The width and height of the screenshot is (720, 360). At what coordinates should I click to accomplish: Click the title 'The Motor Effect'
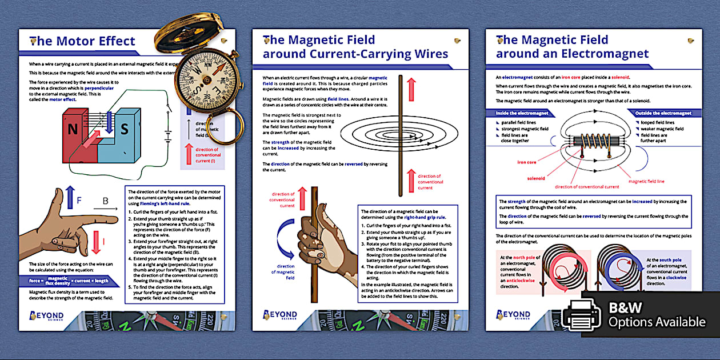point(83,41)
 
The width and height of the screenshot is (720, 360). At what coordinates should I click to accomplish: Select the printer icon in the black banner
point(581,315)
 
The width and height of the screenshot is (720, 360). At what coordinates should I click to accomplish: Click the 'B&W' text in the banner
point(625,307)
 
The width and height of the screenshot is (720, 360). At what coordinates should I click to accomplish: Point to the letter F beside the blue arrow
point(79,201)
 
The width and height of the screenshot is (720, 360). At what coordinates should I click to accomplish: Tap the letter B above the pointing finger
point(105,201)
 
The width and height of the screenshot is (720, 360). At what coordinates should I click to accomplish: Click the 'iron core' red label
point(526,162)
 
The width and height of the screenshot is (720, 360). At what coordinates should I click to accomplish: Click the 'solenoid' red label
point(535,178)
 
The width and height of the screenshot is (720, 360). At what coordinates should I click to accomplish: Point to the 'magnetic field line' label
point(646,181)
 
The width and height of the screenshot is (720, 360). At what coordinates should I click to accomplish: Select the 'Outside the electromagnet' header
point(663,113)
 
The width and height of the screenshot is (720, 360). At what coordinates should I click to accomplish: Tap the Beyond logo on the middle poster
point(281,315)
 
